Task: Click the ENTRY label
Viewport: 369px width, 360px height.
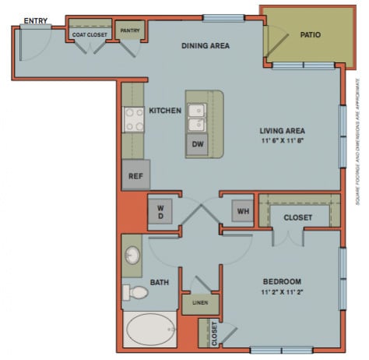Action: (x=33, y=19)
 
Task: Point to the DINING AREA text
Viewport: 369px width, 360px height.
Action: (x=206, y=45)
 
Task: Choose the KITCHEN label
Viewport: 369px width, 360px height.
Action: (x=165, y=111)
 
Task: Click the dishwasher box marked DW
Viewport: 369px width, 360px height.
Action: (x=197, y=144)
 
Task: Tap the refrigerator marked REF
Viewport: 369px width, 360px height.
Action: (x=135, y=175)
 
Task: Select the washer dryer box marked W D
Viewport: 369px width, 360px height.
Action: (x=160, y=212)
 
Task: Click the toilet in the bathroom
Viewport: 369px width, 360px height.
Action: (x=136, y=293)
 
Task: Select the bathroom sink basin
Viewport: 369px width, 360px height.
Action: (x=133, y=255)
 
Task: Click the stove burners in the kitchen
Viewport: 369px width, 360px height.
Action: (x=132, y=118)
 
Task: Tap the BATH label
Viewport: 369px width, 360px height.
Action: (x=160, y=281)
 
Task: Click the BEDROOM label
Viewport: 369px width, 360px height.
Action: (x=282, y=281)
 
